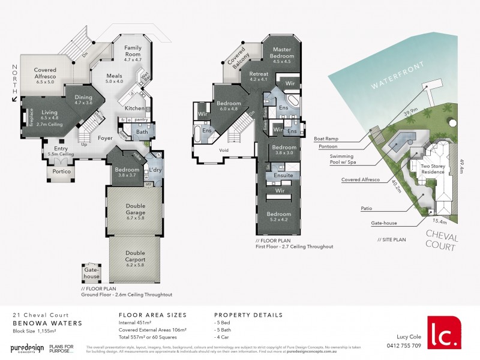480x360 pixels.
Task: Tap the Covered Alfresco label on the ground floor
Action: click(45, 74)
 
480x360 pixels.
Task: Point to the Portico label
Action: click(62, 172)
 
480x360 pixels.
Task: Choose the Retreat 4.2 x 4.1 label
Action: click(259, 77)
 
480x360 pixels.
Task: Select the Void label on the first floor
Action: click(224, 151)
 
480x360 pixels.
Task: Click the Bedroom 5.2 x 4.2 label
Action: click(279, 217)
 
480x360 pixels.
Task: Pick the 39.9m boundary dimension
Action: click(411, 112)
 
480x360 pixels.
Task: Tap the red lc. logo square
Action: click(444, 332)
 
